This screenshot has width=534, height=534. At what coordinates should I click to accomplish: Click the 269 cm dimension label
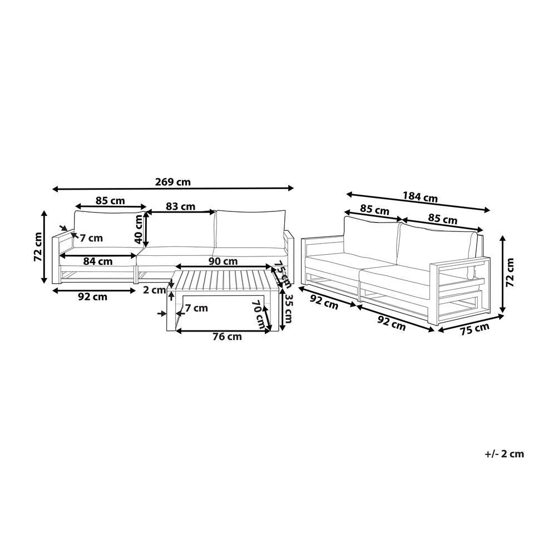172,182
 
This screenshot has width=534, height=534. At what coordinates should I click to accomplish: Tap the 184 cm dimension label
420,197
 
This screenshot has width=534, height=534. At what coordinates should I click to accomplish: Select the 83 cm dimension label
180,206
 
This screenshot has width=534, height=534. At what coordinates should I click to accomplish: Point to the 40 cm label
139,229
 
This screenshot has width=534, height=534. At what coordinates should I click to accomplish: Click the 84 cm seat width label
98,261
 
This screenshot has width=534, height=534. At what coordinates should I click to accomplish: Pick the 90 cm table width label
223,261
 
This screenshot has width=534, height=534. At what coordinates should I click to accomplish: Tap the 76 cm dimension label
227,337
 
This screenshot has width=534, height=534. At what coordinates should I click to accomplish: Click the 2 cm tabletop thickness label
154,290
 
